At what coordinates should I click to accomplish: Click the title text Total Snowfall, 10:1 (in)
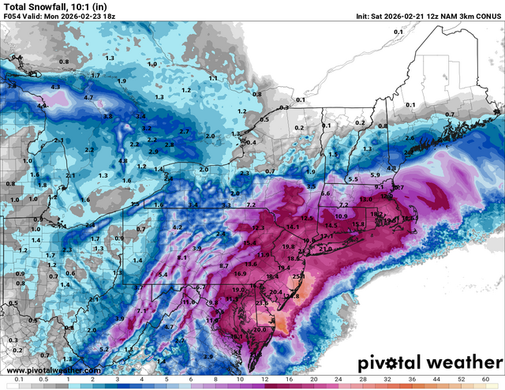(x=47, y=7)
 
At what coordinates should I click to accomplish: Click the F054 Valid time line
(x=60, y=17)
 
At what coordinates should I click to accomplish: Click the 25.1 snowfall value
(x=297, y=277)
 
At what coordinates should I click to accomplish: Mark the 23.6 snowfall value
(x=263, y=304)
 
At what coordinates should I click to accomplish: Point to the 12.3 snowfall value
(x=257, y=227)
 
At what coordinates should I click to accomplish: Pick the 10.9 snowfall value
(x=341, y=216)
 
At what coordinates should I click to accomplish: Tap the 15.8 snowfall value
(x=358, y=224)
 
